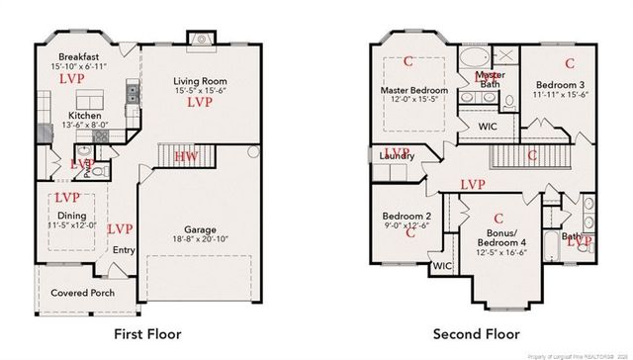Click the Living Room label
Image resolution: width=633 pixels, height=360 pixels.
point(199,80)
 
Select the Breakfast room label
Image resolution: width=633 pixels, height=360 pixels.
point(75,55)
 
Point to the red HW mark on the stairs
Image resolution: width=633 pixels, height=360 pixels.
point(186,156)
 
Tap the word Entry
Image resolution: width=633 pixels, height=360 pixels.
point(123,250)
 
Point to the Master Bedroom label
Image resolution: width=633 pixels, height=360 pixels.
point(414,91)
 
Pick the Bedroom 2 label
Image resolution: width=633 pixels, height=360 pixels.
point(407,217)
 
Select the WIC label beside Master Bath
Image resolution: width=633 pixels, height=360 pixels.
point(488,127)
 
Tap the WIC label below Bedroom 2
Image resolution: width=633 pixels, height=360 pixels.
point(441,265)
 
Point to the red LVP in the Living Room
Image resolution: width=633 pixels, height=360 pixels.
point(200,102)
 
